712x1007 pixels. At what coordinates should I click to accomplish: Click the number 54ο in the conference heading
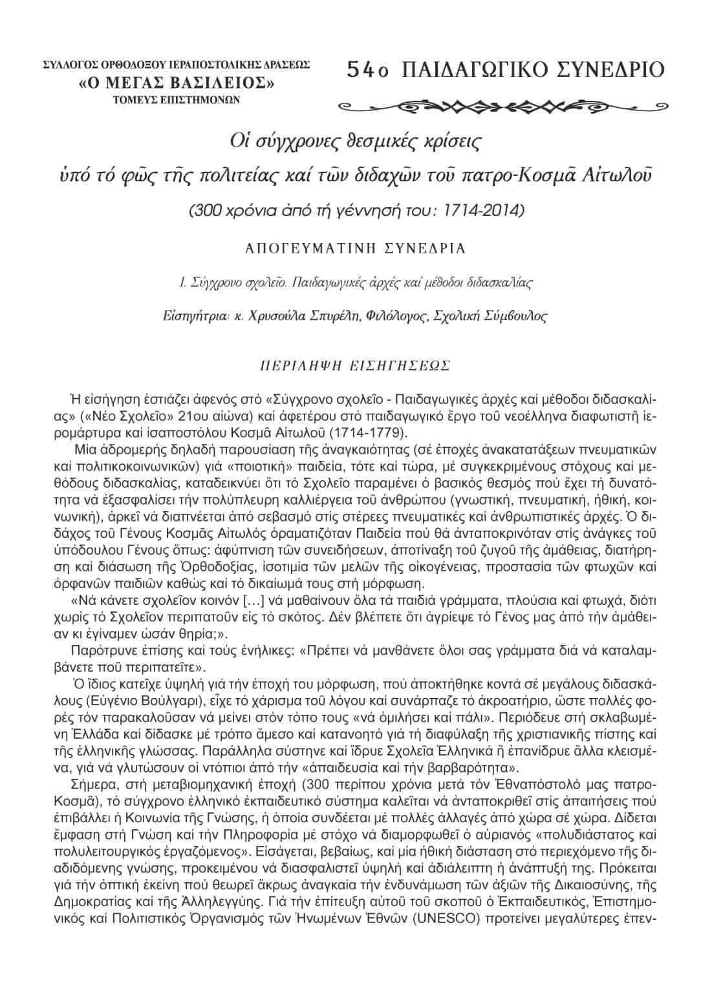click(x=367, y=69)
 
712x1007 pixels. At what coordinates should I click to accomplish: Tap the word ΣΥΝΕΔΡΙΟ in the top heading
click(x=610, y=69)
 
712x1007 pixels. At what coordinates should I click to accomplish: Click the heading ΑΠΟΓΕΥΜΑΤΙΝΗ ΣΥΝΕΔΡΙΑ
click(x=355, y=248)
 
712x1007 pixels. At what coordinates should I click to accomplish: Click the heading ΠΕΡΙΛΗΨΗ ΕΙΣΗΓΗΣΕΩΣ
click(x=354, y=365)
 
